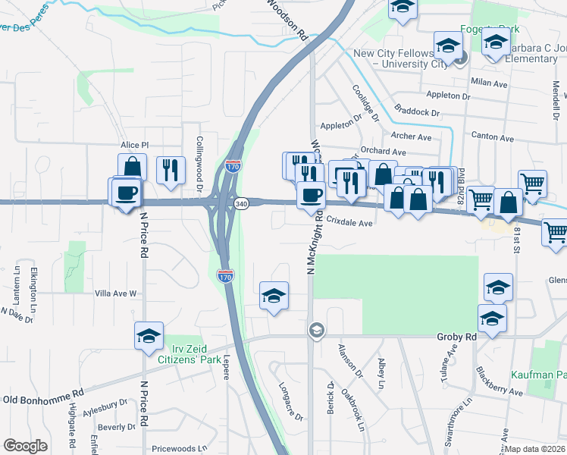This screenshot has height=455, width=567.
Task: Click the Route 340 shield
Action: click(241, 204)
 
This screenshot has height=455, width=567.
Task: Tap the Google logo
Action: click(26, 446)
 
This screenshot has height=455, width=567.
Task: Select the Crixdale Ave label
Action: click(350, 223)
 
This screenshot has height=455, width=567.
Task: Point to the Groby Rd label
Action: click(456, 336)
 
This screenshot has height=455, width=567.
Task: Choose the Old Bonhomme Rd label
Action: click(42, 398)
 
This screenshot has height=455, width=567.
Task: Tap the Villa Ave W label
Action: click(115, 293)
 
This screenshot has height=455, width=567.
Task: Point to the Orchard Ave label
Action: click(384, 151)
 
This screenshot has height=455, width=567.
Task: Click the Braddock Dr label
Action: click(418, 111)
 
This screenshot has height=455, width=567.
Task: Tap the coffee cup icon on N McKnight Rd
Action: click(309, 195)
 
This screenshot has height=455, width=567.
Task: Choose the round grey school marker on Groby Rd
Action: click(316, 330)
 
